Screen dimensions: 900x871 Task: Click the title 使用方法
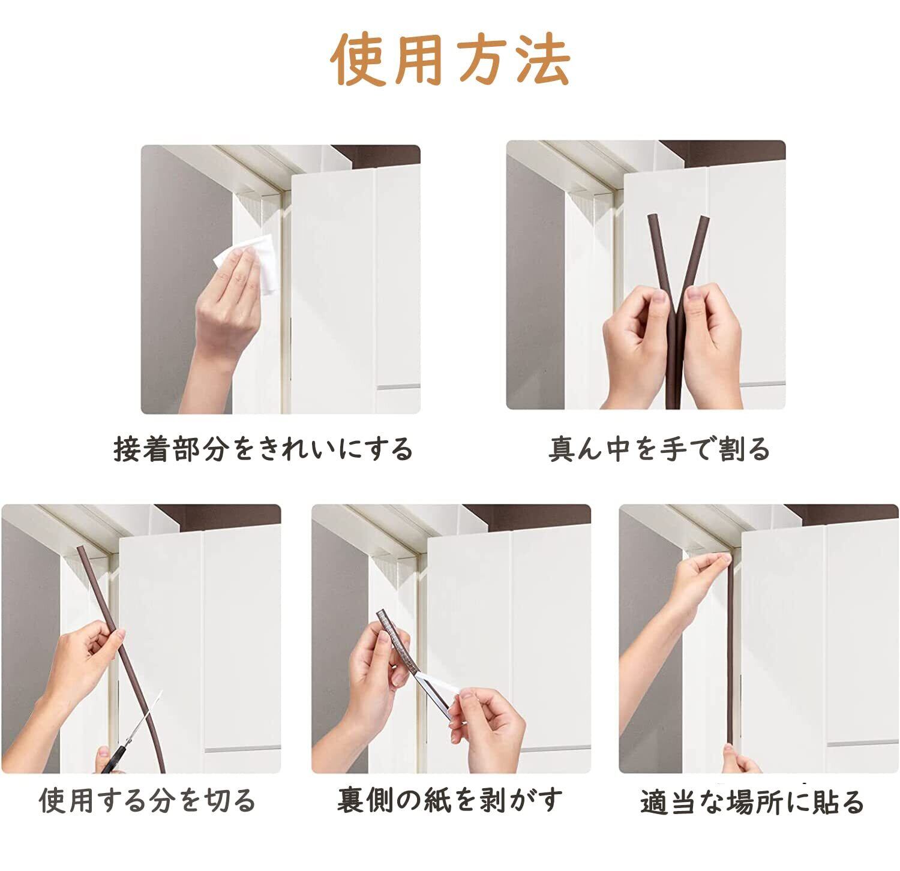(450, 59)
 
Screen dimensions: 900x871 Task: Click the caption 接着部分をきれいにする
(264, 449)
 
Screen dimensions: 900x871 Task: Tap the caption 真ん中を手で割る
(659, 449)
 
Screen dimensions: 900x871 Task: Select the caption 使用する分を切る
(148, 801)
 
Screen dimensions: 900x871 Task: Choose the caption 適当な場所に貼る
(752, 802)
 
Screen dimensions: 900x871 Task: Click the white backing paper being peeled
(441, 690)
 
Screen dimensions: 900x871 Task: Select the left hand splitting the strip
(636, 342)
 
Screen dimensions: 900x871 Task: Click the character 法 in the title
(542, 59)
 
